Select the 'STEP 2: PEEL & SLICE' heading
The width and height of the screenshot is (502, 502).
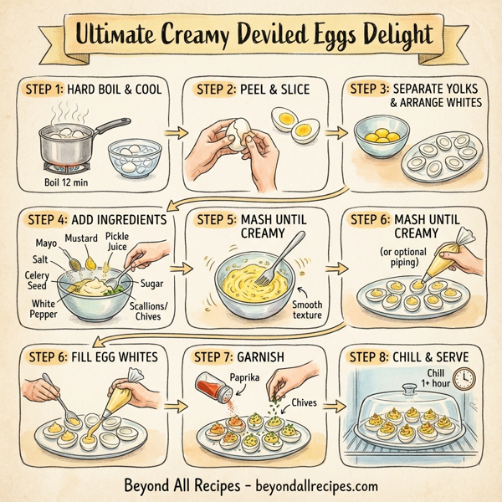(x=250, y=89)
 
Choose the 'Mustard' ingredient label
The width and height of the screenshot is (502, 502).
(x=81, y=238)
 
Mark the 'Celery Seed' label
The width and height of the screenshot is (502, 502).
(x=37, y=280)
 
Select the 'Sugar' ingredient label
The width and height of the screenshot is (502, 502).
(x=152, y=284)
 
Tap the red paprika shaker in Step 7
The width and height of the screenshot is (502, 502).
(x=208, y=388)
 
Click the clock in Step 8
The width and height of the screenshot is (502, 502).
(x=465, y=378)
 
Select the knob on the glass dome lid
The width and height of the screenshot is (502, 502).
(x=408, y=387)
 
